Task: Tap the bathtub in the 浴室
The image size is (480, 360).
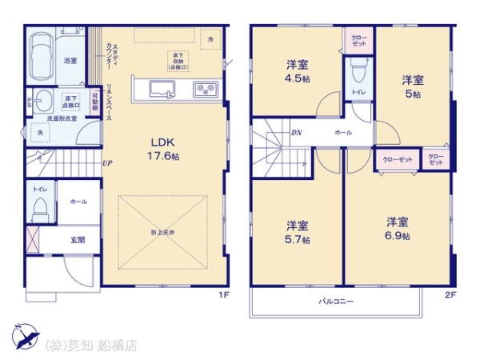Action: pos(41,52)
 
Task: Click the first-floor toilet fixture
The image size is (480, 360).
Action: pos(38,210)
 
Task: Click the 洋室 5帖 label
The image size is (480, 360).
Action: pos(412,86)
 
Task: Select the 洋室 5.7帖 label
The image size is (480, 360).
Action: pos(298,233)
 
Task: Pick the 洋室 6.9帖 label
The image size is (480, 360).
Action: pos(398,229)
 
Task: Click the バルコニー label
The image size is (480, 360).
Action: pos(337,302)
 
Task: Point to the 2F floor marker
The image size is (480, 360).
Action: pos(450,294)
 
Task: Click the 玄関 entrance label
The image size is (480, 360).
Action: pos(77,240)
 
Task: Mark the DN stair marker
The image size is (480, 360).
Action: pos(296,133)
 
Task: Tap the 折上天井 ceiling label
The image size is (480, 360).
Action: pos(163,232)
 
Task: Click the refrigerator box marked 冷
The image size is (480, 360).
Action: pos(210,39)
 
